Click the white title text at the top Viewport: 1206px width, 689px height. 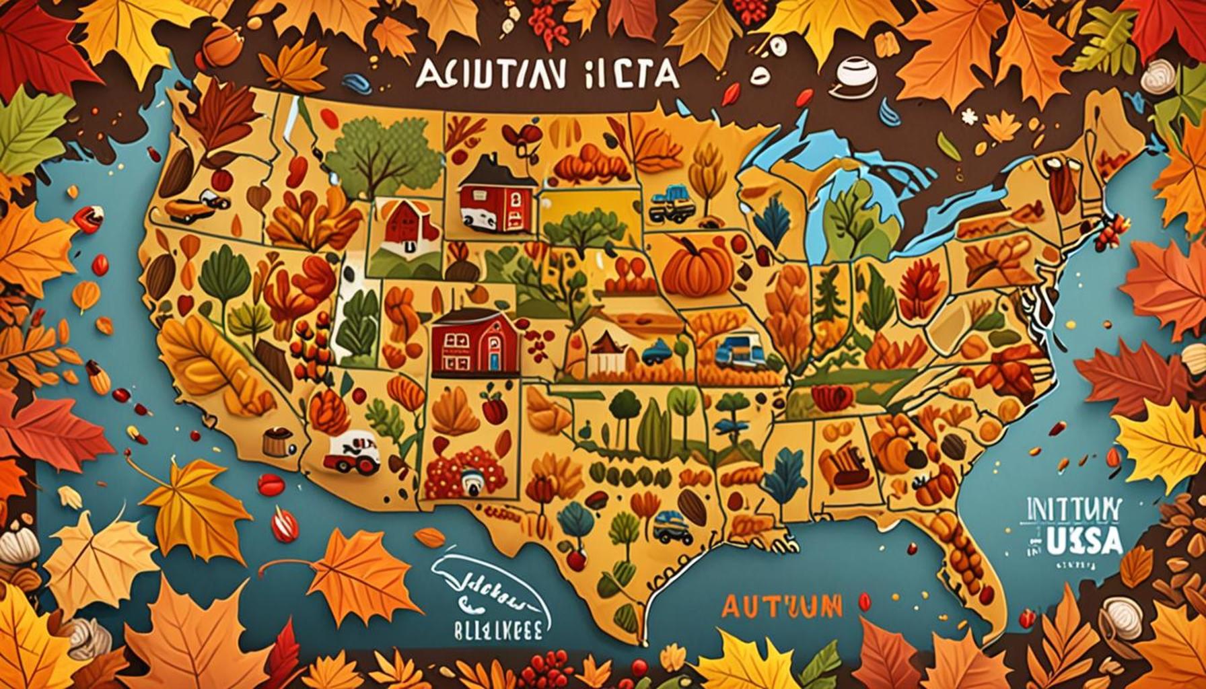coord(546,75)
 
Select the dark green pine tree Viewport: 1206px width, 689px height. coord(822,296)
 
